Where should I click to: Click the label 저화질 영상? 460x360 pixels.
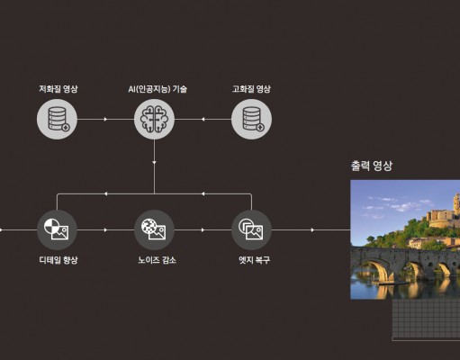pyautogui.click(x=59, y=89)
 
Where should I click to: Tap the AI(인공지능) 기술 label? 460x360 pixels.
pyautogui.click(x=158, y=89)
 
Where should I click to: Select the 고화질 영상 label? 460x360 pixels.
pyautogui.click(x=251, y=89)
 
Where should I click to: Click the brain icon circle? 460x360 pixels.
pyautogui.click(x=154, y=119)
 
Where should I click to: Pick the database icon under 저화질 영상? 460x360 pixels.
pyautogui.click(x=57, y=119)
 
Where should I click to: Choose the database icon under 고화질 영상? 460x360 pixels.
pyautogui.click(x=251, y=119)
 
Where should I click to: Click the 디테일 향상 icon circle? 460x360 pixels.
pyautogui.click(x=57, y=230)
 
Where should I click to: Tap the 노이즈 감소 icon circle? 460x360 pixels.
pyautogui.click(x=154, y=230)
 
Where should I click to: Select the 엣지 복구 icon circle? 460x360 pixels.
pyautogui.click(x=251, y=230)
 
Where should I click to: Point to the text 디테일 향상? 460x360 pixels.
pyautogui.click(x=59, y=260)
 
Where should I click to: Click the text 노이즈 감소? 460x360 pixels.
pyautogui.click(x=157, y=260)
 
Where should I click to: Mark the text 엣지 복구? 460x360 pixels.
pyautogui.click(x=255, y=260)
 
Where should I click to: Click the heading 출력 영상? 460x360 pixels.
pyautogui.click(x=372, y=166)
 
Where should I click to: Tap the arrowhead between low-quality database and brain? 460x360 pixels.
pyautogui.click(x=105, y=119)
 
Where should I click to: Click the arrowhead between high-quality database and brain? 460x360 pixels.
pyautogui.click(x=203, y=119)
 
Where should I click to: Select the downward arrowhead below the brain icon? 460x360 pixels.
pyautogui.click(x=154, y=163)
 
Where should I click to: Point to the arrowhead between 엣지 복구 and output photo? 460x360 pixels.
pyautogui.click(x=312, y=230)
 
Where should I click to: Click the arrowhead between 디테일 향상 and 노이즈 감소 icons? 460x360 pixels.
pyautogui.click(x=105, y=230)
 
